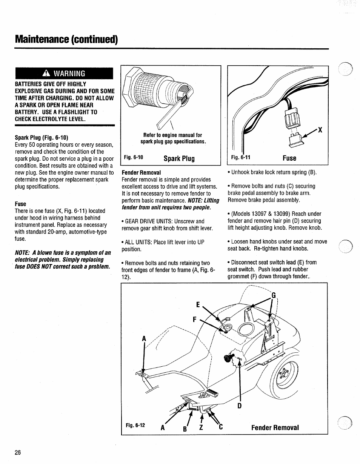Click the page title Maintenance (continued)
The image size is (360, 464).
tap(66, 40)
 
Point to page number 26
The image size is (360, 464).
tap(18, 453)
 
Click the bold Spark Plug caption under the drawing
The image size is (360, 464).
tap(179, 158)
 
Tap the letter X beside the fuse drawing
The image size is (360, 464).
tap(320, 130)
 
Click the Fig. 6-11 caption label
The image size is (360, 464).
tap(241, 158)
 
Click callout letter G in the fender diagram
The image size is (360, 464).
tap(274, 295)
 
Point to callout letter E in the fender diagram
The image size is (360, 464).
tap(198, 304)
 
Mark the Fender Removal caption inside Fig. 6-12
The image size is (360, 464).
tap(275, 427)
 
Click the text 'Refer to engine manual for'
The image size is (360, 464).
tap(172, 135)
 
